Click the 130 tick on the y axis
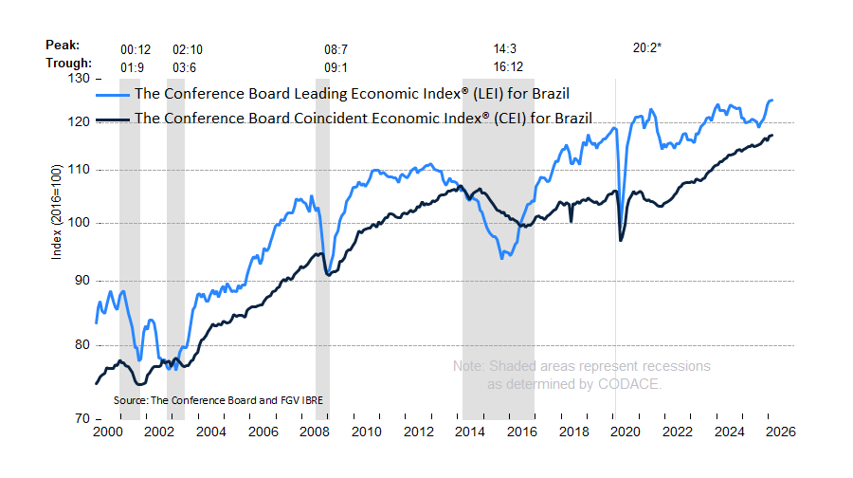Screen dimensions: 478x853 coord(77,79)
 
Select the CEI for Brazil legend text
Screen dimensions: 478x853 coord(364,119)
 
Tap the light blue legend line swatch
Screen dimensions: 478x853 coord(113,94)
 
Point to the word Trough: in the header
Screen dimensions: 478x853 coord(67,64)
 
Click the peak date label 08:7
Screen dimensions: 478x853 coord(336,47)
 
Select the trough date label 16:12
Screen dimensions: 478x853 coord(508,66)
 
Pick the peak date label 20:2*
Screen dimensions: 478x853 coord(646,47)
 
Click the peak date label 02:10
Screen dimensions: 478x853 coord(187,47)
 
